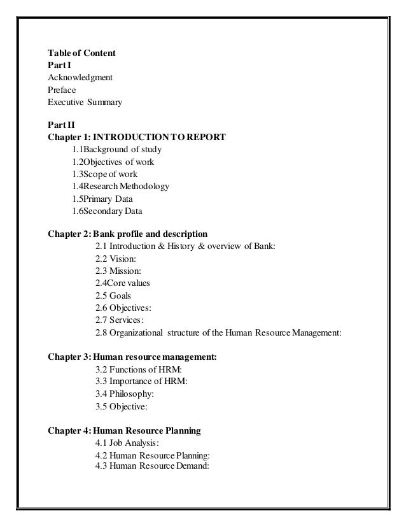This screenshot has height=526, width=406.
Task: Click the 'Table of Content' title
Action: click(81, 53)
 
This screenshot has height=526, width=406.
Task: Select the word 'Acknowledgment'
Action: click(80, 78)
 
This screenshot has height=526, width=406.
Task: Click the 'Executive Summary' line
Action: click(85, 102)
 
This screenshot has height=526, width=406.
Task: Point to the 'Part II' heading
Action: click(61, 125)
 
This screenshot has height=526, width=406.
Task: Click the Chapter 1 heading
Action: click(136, 138)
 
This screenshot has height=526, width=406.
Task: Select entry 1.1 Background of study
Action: click(116, 150)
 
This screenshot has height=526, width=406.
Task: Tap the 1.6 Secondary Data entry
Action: click(107, 210)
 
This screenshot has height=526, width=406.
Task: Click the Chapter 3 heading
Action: click(132, 357)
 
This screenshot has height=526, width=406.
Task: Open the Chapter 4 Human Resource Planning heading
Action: click(125, 430)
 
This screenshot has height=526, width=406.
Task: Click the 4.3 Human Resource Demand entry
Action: click(151, 465)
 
